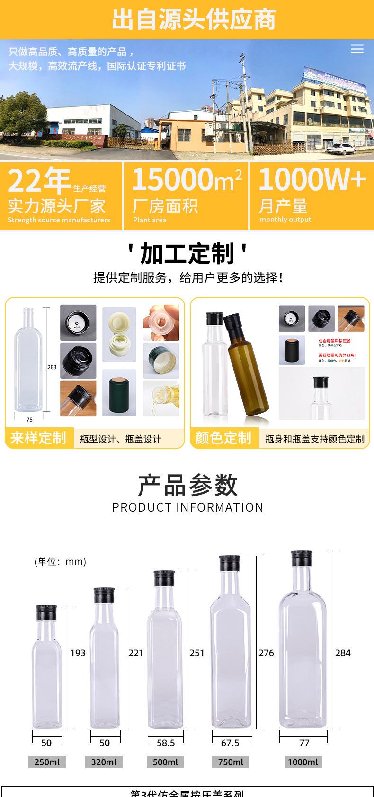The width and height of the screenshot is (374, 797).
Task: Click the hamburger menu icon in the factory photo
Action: point(357,49)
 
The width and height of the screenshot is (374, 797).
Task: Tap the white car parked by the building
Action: point(343,150)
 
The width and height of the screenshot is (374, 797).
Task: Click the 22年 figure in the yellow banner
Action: point(40,180)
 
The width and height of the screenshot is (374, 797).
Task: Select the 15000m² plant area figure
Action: point(187,179)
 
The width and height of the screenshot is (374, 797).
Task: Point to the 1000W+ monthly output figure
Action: point(312,179)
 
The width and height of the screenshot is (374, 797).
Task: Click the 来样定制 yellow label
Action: point(38,437)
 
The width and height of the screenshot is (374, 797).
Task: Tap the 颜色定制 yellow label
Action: point(223,437)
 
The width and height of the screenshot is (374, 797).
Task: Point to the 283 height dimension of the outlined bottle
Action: point(52,367)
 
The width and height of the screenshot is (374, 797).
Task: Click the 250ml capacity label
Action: point(47,762)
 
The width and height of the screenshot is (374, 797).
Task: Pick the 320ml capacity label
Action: point(104,762)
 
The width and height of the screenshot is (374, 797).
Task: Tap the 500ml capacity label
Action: point(165,762)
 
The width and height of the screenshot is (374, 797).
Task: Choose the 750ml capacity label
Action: point(230,762)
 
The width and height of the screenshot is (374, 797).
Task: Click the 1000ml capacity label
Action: point(303,762)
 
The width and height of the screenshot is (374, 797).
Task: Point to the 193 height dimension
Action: point(78,653)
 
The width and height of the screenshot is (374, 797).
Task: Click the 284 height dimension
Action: point(343,653)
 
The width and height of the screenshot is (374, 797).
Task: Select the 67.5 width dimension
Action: point(230,743)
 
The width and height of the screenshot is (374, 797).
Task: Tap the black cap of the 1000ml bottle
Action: point(302,559)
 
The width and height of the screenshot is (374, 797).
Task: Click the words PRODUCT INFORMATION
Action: point(187,507)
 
